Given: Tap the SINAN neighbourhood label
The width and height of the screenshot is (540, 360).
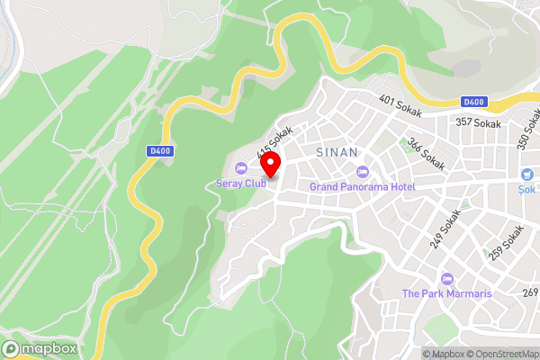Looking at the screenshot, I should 337,153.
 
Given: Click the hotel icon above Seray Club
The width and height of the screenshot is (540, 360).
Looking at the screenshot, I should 240,168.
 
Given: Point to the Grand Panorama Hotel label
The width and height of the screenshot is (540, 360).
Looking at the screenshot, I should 362,186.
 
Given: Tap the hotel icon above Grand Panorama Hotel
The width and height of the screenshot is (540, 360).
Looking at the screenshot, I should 363,172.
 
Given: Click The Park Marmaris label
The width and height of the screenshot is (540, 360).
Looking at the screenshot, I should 447,293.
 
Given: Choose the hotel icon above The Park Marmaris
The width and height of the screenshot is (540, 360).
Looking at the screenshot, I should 447,279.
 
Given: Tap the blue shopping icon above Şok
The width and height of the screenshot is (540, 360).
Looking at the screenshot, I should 526,174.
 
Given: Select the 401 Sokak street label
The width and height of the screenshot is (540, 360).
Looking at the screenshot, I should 400,106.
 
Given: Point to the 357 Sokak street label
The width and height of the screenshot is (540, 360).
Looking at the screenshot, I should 477,123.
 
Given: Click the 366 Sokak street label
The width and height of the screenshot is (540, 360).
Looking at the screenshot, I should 426,152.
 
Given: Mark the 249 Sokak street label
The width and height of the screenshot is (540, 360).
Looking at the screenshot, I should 449,224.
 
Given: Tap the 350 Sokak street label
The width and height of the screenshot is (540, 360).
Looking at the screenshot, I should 526,130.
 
